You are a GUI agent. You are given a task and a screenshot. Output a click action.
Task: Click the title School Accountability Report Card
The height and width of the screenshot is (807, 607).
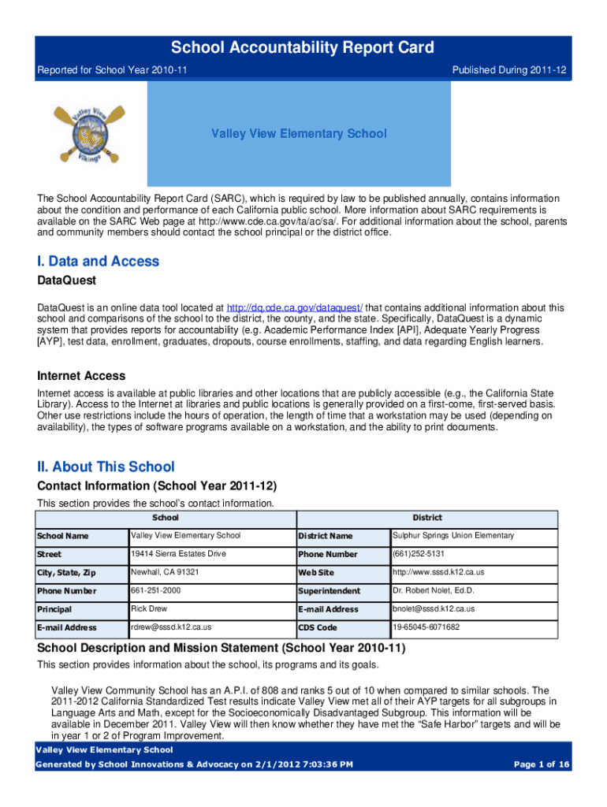[303, 48]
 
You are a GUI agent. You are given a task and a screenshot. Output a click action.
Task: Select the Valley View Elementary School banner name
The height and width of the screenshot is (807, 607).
[299, 133]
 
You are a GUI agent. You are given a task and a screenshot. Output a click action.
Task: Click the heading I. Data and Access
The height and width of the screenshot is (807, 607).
[99, 262]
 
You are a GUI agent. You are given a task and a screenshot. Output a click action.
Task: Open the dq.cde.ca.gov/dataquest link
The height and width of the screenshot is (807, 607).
[294, 307]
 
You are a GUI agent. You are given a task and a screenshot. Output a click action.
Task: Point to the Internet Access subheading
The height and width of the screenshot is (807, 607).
[81, 376]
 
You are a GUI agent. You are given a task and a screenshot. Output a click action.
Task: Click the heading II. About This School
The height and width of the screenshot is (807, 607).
[106, 467]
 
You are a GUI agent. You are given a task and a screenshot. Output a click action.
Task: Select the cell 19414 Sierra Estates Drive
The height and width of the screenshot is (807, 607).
[178, 554]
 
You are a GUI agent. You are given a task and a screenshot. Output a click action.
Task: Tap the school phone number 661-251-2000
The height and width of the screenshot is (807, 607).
[155, 590]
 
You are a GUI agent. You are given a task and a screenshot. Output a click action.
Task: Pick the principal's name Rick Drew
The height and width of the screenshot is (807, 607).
[149, 609]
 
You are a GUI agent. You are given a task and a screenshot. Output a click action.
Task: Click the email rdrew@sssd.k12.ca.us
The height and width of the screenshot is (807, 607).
[171, 627]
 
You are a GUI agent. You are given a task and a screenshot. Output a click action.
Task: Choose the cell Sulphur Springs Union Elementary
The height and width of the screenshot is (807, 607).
[453, 536]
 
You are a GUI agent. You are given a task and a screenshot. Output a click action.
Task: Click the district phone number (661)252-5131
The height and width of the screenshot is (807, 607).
[417, 554]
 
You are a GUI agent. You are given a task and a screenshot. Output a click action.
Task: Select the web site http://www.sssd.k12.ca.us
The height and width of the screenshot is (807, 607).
[438, 572]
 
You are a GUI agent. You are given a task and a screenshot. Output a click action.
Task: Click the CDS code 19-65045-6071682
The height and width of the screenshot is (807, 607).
[426, 627]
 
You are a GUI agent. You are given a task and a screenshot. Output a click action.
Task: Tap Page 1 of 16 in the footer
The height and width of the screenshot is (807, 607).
[542, 764]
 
